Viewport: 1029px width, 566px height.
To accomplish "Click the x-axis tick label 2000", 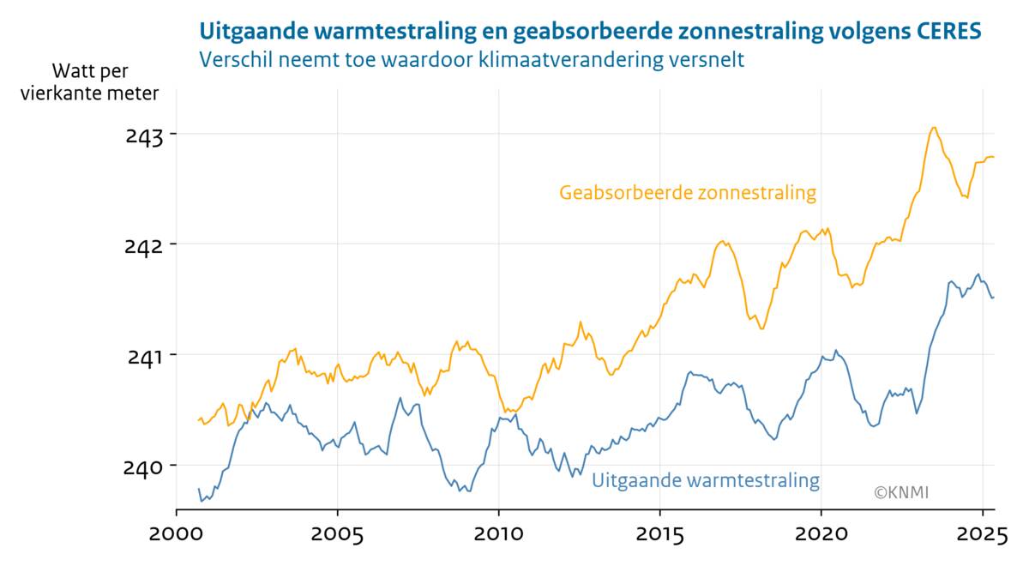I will click(177, 536).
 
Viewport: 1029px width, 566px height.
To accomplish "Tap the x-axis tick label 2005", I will click(338, 536).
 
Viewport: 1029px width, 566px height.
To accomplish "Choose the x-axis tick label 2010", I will click(499, 536).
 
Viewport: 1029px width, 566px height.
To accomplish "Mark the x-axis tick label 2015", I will click(659, 536).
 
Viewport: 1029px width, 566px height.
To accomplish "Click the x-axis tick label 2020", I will click(821, 536).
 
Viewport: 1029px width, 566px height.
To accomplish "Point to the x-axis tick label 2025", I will click(982, 536).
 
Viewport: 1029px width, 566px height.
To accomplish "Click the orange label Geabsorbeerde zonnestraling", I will click(688, 193).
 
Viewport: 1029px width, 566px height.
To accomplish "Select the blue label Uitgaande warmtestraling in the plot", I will click(706, 480).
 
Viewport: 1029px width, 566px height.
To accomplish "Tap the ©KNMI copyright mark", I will click(901, 492).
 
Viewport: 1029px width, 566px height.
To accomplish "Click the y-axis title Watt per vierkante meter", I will click(90, 82).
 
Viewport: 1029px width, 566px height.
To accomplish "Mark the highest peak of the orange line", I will click(934, 128).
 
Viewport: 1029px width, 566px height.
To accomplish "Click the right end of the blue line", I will click(993, 298).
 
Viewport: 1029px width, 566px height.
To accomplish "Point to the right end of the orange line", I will click(993, 157).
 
